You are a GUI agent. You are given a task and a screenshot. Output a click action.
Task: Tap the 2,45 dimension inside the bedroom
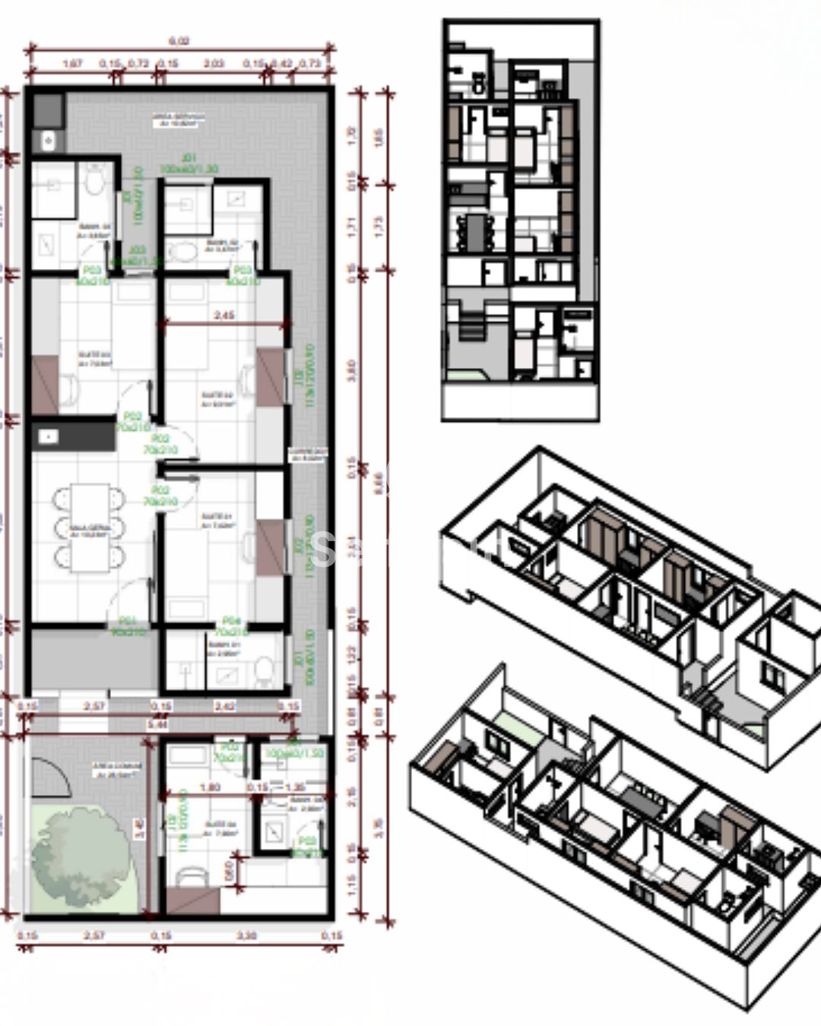pyautogui.click(x=223, y=315)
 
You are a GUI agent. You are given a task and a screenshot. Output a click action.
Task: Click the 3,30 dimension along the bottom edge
pyautogui.click(x=246, y=936)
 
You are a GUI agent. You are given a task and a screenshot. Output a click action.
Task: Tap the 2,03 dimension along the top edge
pyautogui.click(x=214, y=64)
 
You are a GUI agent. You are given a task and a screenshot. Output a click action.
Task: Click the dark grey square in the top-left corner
pyautogui.click(x=47, y=110)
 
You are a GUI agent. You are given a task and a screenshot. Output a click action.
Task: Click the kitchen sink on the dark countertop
pyautogui.click(x=49, y=436)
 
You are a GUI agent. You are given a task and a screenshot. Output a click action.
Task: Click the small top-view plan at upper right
pyautogui.click(x=520, y=220)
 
